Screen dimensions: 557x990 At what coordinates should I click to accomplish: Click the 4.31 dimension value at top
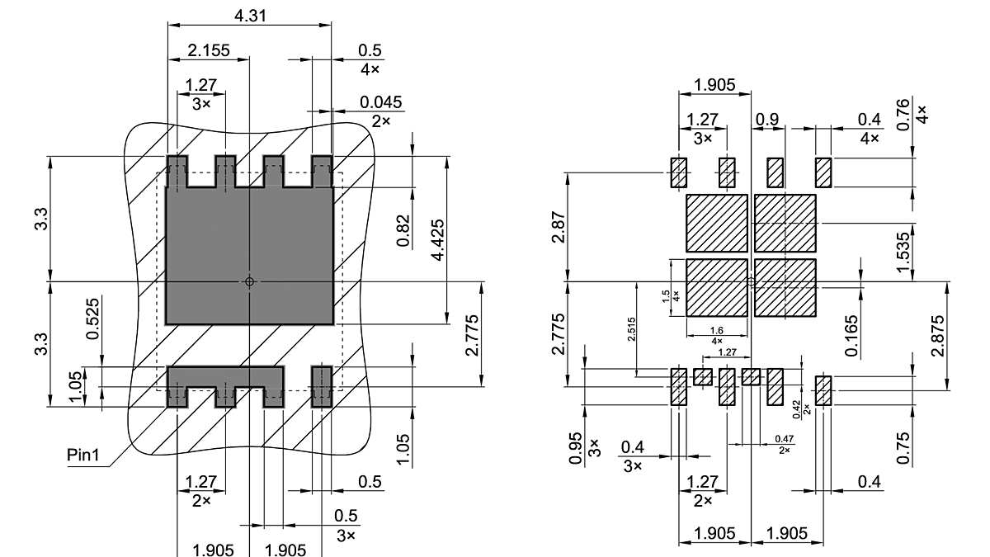click(x=251, y=16)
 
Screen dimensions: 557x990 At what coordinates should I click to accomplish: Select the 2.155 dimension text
click(x=209, y=50)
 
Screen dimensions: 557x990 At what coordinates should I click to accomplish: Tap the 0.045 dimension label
click(x=380, y=102)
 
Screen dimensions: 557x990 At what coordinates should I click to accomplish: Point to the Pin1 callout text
click(x=85, y=456)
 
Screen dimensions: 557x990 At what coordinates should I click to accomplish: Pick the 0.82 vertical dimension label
click(x=403, y=231)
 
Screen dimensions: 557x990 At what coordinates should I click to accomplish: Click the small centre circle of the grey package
click(x=250, y=281)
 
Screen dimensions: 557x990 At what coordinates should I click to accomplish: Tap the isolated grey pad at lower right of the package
click(x=321, y=385)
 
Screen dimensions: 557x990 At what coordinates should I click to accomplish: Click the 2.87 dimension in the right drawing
click(x=559, y=227)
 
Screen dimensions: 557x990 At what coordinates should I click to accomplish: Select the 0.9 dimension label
click(x=766, y=120)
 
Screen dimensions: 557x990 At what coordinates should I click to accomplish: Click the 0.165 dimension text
click(x=851, y=335)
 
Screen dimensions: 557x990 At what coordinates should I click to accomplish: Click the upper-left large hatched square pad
click(x=717, y=223)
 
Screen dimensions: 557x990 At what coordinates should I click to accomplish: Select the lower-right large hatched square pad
click(x=785, y=287)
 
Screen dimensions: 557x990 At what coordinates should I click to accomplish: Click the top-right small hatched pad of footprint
click(x=823, y=172)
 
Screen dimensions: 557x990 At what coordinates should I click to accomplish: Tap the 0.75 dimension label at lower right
click(x=904, y=448)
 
